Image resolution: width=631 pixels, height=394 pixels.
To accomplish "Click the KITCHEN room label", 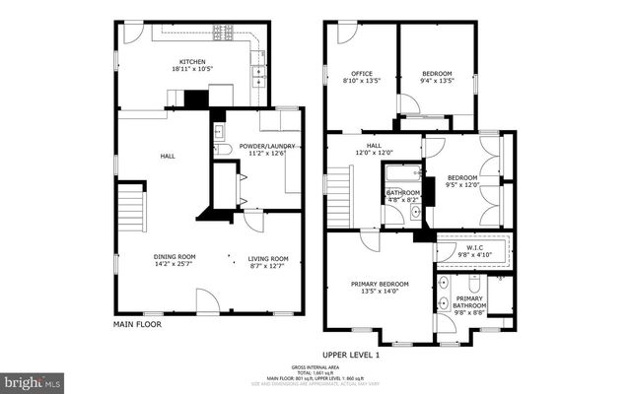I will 192,61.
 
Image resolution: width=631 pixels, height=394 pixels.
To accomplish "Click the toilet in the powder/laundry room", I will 222,150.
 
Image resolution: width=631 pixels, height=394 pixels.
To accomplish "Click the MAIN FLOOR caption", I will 136,323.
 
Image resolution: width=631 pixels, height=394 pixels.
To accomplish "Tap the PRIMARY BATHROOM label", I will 469,301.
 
